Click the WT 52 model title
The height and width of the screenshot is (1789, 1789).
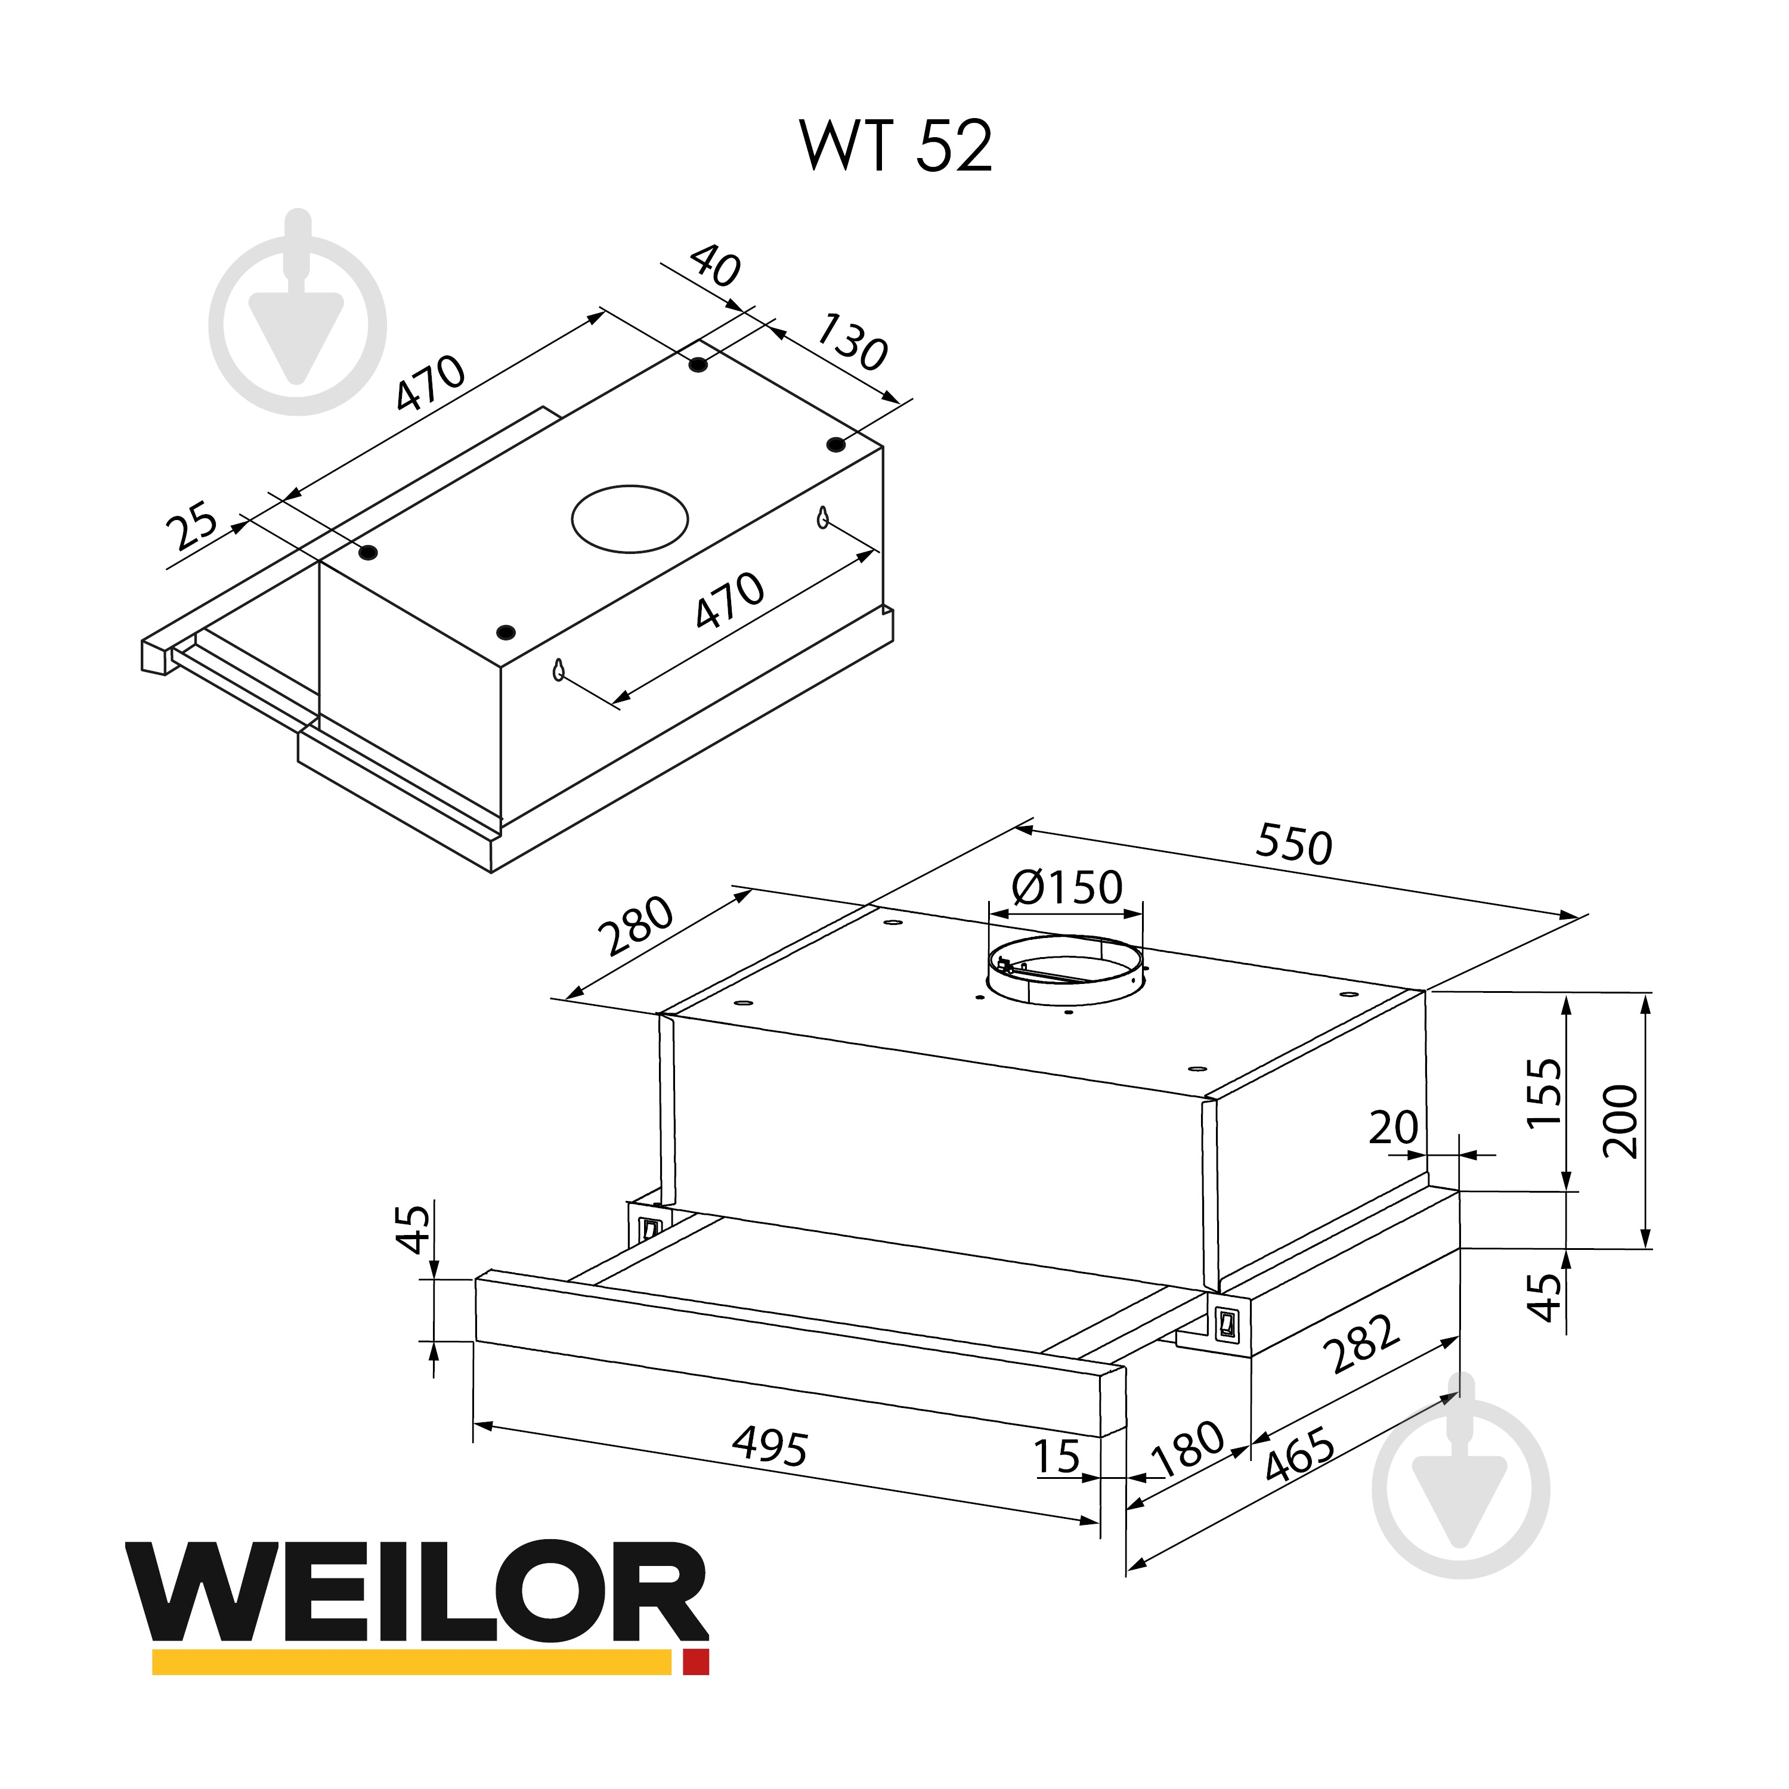pyautogui.click(x=896, y=146)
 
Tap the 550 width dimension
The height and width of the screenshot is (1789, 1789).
pyautogui.click(x=1293, y=844)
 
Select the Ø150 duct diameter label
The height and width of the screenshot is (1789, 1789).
pyautogui.click(x=1067, y=887)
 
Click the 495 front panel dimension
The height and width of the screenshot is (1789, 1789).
pyautogui.click(x=769, y=1444)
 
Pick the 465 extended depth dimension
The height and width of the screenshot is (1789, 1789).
pyautogui.click(x=1299, y=1456)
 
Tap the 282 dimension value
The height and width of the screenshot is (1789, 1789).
pyautogui.click(x=1361, y=1345)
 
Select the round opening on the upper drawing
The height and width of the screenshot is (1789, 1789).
pyautogui.click(x=630, y=519)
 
